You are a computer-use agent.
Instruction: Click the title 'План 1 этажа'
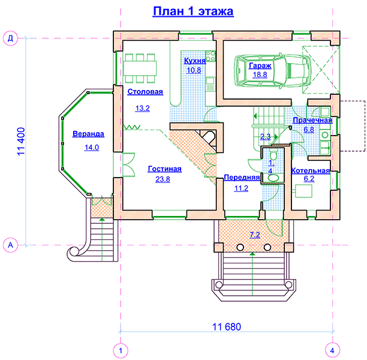pos(193,11)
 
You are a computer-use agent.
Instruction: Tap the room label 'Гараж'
pos(260,65)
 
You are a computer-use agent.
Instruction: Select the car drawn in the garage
pos(273,71)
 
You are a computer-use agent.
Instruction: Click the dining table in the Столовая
pos(140,68)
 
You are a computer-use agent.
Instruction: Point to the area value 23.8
pos(163,179)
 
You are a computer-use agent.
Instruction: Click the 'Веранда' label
pos(88,134)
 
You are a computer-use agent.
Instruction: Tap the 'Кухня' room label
pos(195,61)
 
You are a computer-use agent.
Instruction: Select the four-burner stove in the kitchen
pos(210,56)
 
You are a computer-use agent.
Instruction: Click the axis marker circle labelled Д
pos(10,38)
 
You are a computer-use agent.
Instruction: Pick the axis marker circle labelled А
pos(10,245)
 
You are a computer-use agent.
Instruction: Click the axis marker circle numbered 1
pos(121,350)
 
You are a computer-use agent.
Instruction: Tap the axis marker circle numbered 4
pos(332,350)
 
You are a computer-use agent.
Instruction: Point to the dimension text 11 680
pos(226,327)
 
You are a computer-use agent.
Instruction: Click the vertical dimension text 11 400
pos(21,141)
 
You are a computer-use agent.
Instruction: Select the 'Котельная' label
pos(311,170)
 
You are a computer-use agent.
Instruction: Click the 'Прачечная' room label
pos(312,120)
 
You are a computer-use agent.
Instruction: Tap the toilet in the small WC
pos(273,155)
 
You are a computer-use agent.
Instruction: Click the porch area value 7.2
pos(255,235)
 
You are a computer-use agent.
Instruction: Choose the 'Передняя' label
pos(242,178)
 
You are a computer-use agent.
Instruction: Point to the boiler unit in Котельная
pos(303,191)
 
